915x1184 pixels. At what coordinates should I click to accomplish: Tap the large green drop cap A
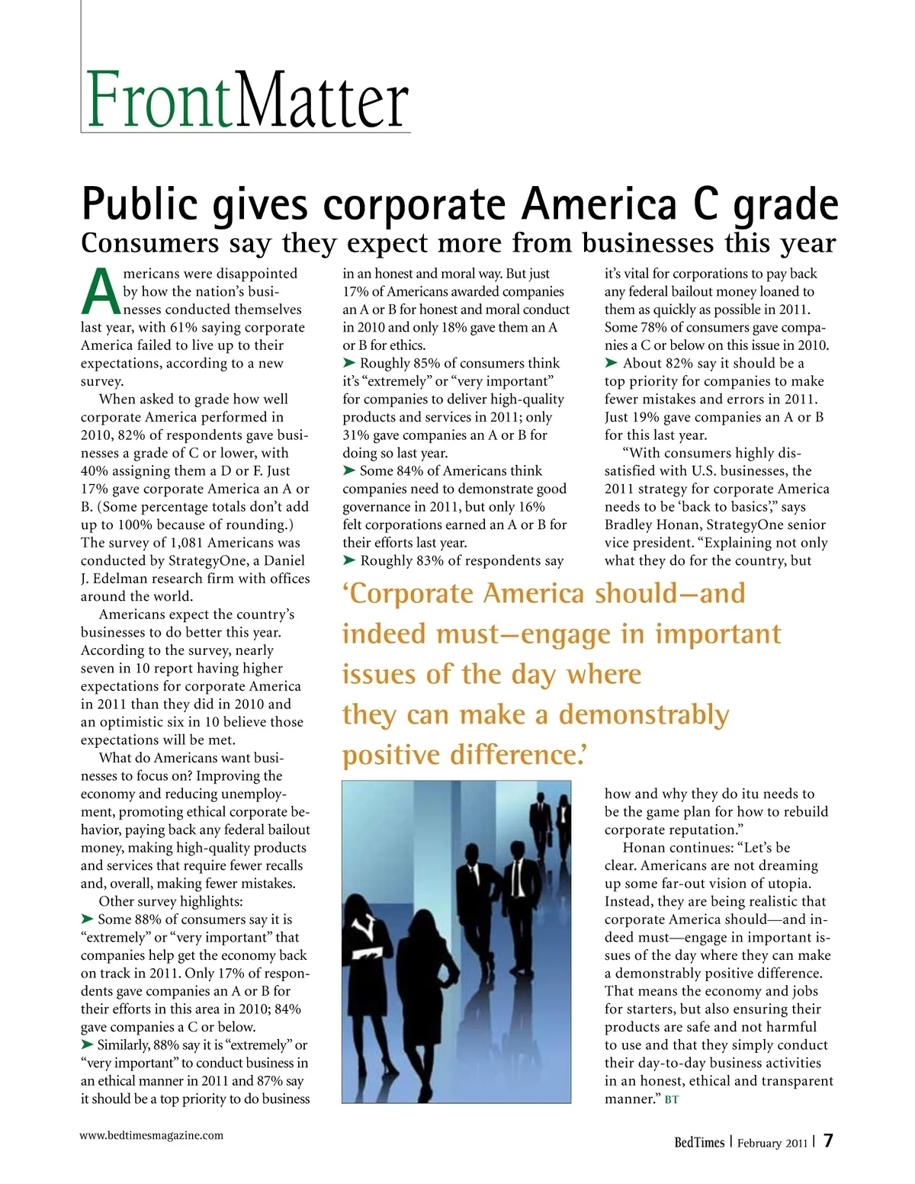point(101,292)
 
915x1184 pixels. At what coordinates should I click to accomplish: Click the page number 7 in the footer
point(828,1141)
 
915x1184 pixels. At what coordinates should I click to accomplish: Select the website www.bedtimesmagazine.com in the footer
point(152,1135)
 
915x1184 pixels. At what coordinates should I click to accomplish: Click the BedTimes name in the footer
point(698,1142)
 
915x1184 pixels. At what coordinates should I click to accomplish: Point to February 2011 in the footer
point(772,1143)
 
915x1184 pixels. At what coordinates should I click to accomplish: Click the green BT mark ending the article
point(672,1099)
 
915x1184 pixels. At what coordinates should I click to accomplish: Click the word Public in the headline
point(140,204)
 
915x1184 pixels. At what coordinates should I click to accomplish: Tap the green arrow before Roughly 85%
point(349,363)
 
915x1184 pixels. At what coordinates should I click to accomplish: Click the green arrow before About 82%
point(612,363)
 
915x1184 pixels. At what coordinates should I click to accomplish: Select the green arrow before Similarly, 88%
point(88,1044)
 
